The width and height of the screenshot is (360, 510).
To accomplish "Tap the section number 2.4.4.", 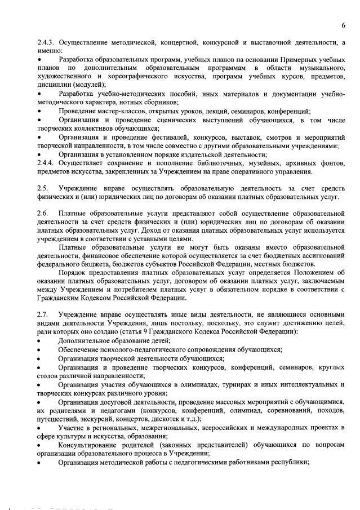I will pos(47,163).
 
